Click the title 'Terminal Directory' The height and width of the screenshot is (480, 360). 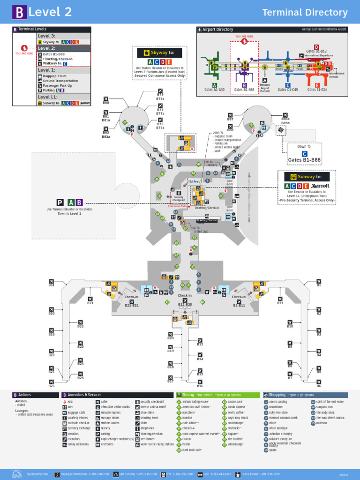click(305, 13)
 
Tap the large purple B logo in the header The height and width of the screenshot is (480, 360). click(19, 13)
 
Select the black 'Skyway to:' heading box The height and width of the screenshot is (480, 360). click(159, 53)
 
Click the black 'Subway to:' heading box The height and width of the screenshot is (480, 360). click(307, 177)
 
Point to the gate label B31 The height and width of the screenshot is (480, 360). click(52, 285)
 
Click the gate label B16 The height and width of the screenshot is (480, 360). click(200, 386)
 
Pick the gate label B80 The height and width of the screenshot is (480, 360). click(106, 102)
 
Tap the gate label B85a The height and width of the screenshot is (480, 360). click(285, 119)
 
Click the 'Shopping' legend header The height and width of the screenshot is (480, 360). click(305, 395)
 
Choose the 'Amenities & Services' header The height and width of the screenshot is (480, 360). click(84, 395)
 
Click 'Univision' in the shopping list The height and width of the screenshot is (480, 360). click(322, 423)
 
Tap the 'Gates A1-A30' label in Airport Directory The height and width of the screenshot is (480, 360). click(215, 90)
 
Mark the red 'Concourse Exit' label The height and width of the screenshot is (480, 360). click(177, 206)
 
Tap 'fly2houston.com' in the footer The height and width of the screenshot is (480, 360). click(37, 474)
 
